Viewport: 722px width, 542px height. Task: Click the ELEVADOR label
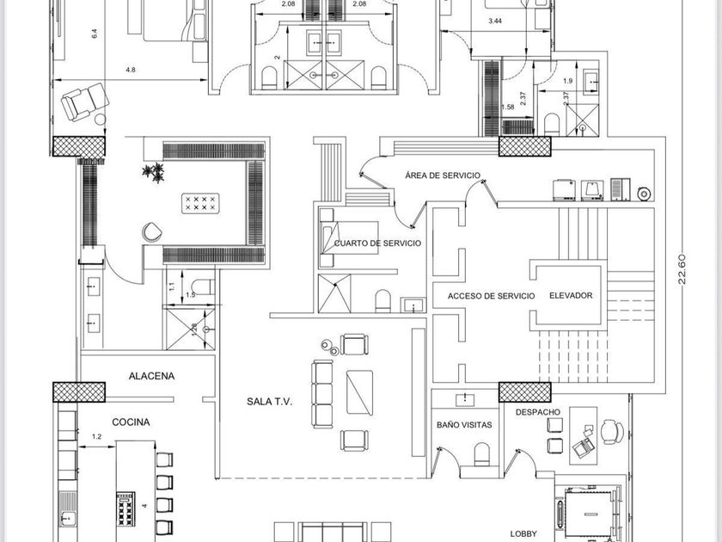[570, 295]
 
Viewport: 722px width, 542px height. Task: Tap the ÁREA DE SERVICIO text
[442, 176]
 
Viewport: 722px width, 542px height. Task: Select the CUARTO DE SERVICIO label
[378, 243]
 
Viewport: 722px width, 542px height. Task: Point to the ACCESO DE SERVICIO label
[491, 296]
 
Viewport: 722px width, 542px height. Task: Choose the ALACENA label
[151, 376]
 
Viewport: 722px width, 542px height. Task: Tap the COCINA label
[131, 422]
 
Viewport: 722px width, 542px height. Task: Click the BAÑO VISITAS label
[463, 425]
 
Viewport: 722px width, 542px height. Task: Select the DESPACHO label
[538, 412]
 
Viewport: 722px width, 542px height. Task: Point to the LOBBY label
[523, 533]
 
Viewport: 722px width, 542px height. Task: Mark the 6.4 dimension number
[94, 34]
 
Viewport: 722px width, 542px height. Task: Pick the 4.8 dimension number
[130, 70]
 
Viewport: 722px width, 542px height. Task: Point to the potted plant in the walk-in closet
[155, 173]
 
